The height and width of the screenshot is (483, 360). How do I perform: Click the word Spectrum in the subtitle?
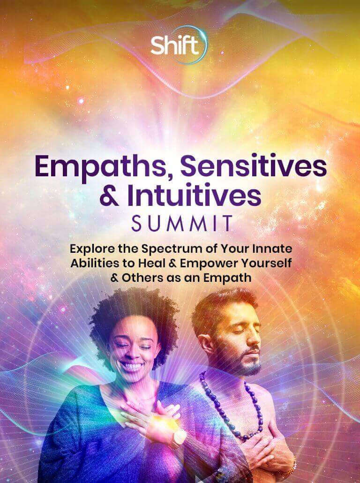point(172,249)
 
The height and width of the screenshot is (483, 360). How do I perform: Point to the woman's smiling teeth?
point(132,367)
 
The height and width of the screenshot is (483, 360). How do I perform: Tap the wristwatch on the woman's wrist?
point(179,438)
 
